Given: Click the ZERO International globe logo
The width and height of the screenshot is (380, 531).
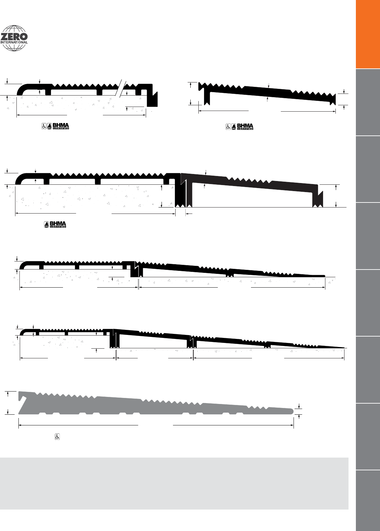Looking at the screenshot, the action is (15, 39).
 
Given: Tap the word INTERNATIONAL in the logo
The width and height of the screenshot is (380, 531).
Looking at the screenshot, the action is (14, 42).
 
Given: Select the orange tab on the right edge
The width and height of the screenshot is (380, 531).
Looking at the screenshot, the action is (368, 34).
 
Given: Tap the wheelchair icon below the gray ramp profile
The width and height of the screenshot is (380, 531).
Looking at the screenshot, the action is (57, 437).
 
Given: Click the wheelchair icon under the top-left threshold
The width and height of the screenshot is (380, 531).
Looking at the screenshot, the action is (44, 126).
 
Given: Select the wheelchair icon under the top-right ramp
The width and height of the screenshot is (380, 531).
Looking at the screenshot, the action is (228, 127).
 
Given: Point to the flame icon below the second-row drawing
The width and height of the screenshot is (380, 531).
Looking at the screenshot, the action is (47, 224).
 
